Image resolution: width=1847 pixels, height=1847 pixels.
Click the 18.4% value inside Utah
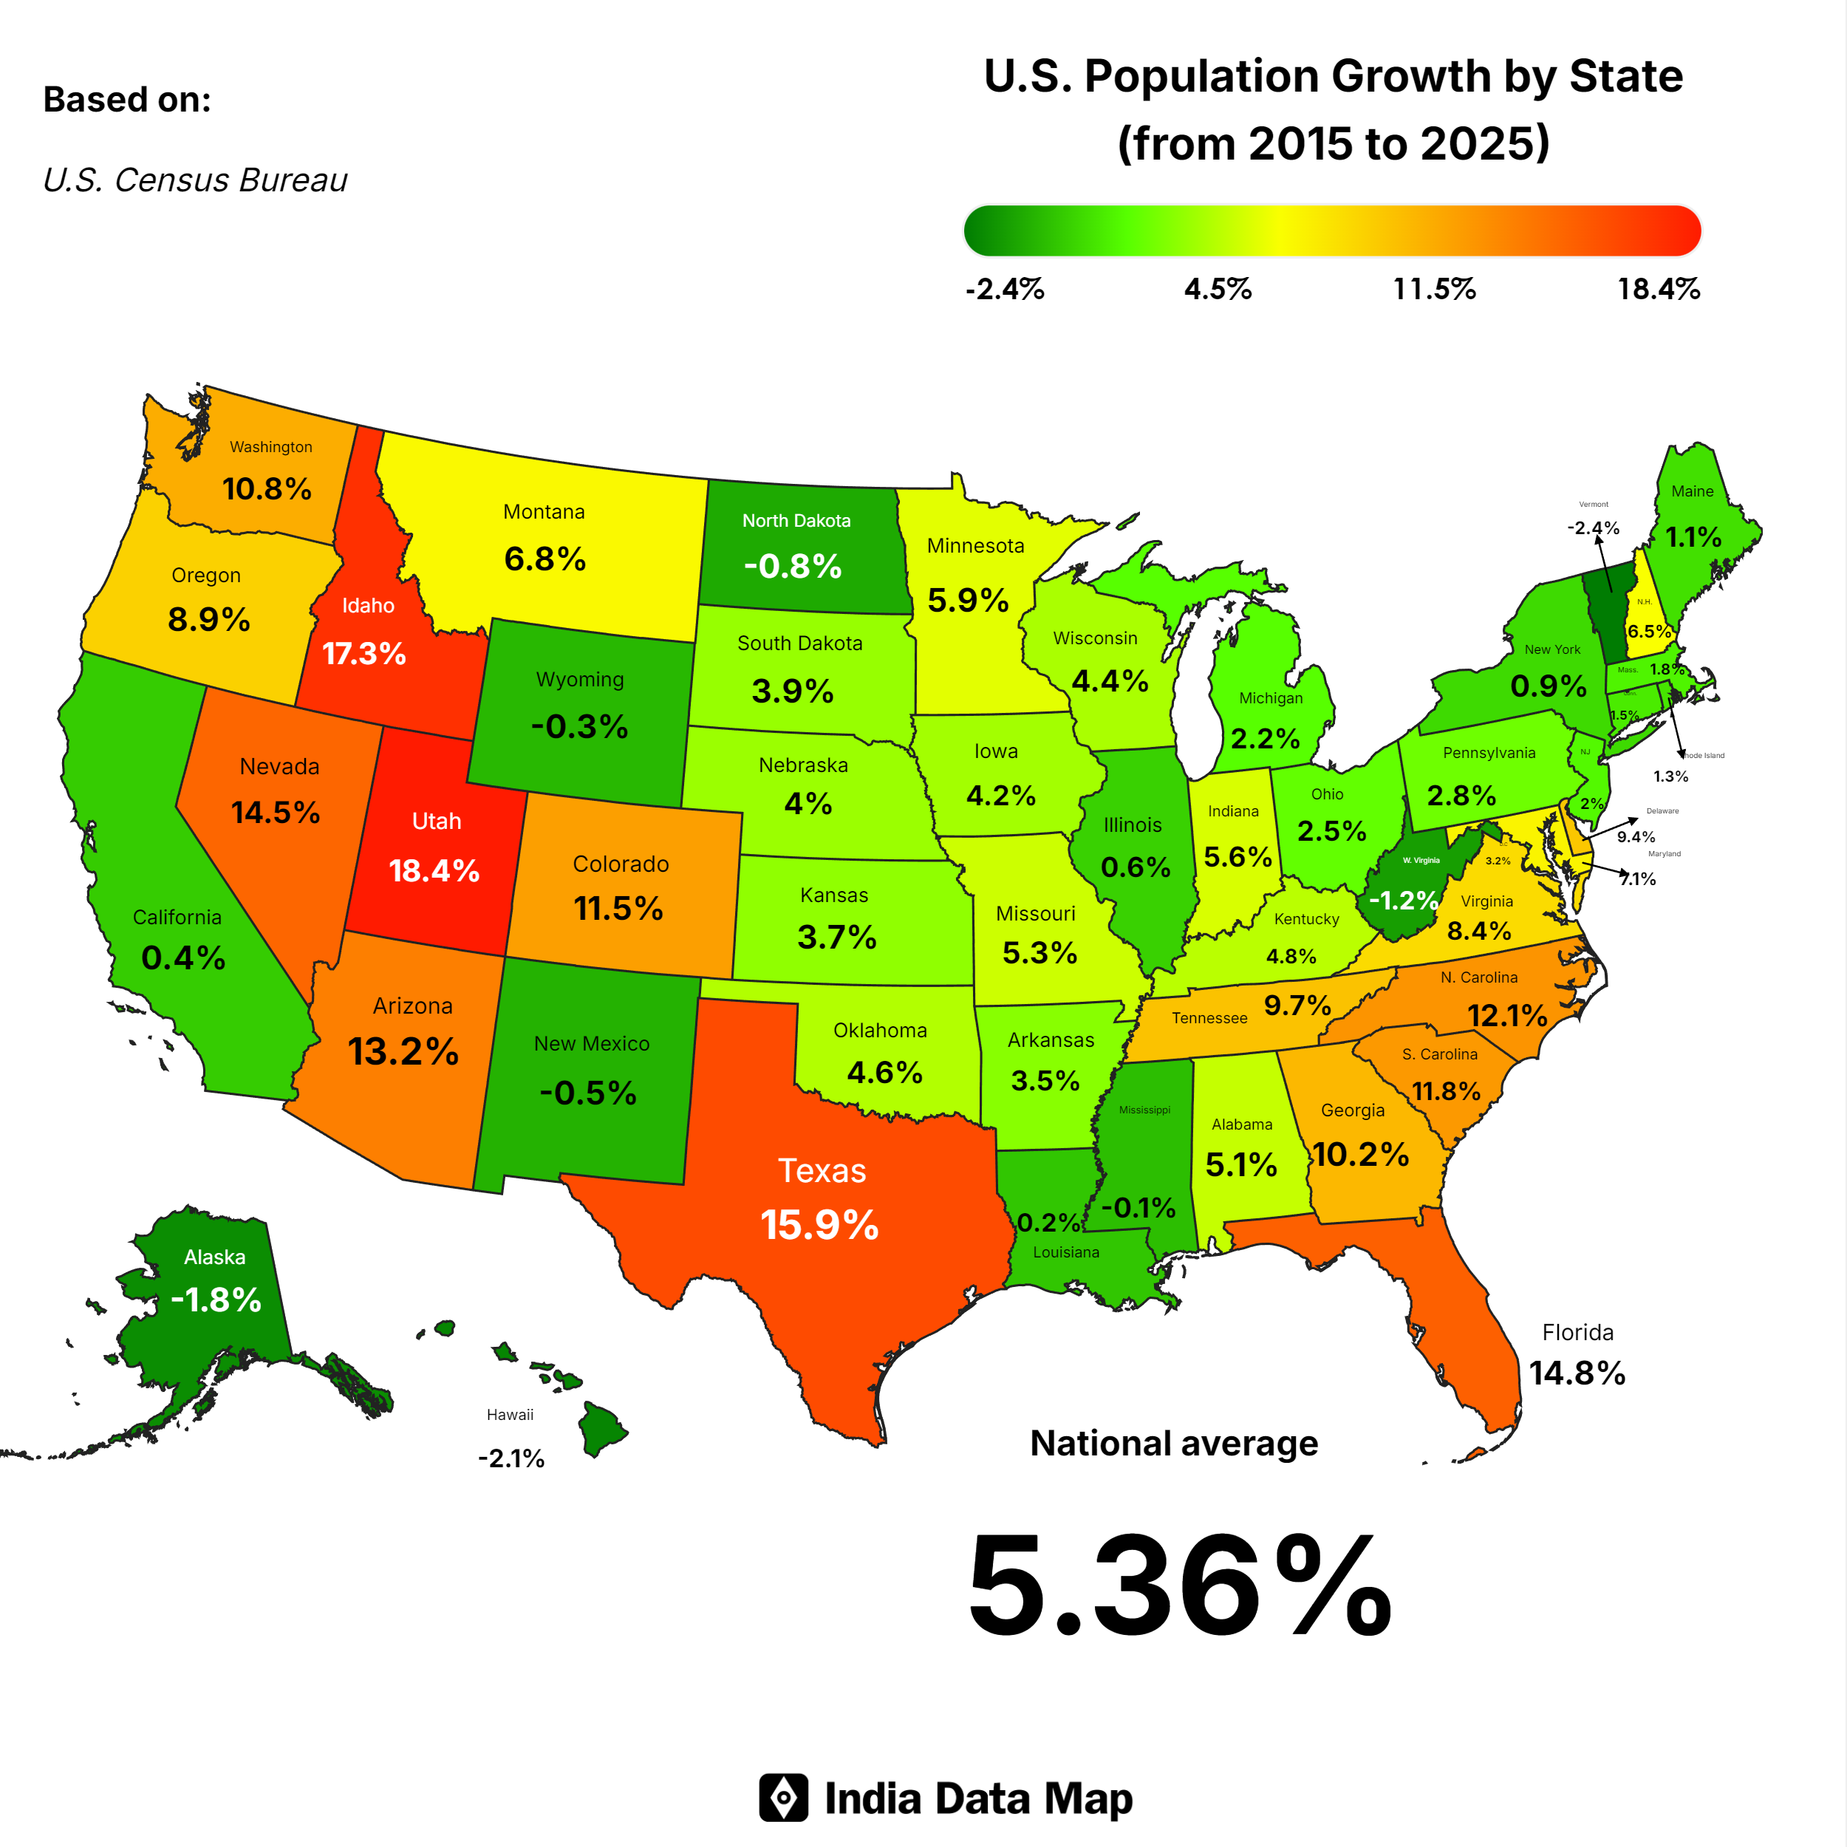click(434, 871)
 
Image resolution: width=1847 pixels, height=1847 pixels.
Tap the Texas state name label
click(822, 1171)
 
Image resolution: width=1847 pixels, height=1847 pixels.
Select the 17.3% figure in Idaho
click(364, 654)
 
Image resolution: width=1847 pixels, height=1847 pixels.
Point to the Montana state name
click(544, 513)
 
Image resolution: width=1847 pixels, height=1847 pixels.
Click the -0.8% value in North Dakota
click(793, 566)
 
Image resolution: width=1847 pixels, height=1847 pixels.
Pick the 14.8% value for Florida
click(1577, 1373)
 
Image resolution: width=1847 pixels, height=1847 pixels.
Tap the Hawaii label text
click(510, 1415)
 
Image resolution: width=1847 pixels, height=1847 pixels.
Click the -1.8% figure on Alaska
click(216, 1300)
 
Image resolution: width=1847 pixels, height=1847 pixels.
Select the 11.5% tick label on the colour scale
click(1434, 289)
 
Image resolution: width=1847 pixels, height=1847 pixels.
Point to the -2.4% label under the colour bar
click(1005, 289)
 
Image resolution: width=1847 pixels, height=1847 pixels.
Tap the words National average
click(1174, 1444)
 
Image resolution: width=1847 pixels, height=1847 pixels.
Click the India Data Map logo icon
click(784, 1798)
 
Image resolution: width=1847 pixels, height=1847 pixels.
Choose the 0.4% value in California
click(183, 958)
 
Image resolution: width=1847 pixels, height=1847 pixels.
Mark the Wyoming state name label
click(580, 680)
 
